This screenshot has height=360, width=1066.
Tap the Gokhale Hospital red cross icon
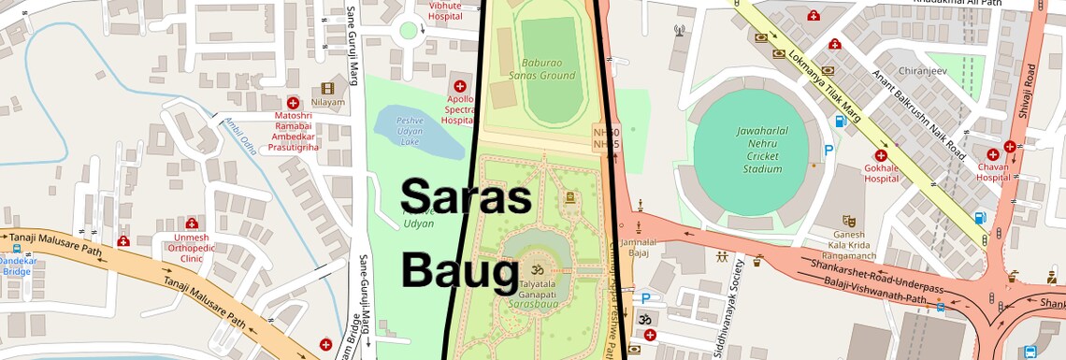880,155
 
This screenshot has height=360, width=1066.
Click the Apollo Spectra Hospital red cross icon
459,86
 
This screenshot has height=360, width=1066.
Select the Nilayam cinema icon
327,88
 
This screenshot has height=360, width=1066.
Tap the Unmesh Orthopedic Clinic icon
191,223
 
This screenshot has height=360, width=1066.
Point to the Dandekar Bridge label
19,266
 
